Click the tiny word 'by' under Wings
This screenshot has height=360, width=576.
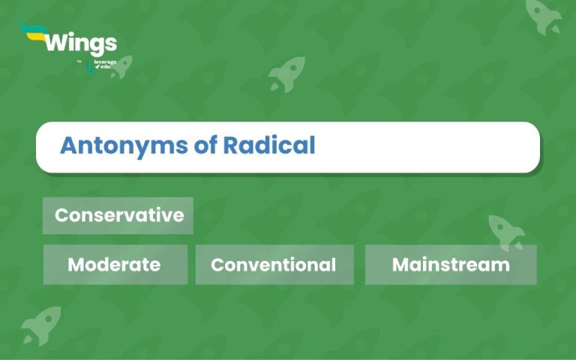pos(79,61)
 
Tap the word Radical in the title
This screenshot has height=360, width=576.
pos(269,145)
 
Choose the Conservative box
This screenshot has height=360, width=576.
pos(118,215)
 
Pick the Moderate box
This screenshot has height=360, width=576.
pos(115,265)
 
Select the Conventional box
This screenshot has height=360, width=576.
pos(274,265)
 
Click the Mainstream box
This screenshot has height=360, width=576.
pos(451,265)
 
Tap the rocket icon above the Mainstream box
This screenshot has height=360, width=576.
pos(506,232)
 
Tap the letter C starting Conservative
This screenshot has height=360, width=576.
pos(61,215)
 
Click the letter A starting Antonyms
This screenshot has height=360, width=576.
pos(67,145)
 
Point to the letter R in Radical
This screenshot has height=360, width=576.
pos(231,145)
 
